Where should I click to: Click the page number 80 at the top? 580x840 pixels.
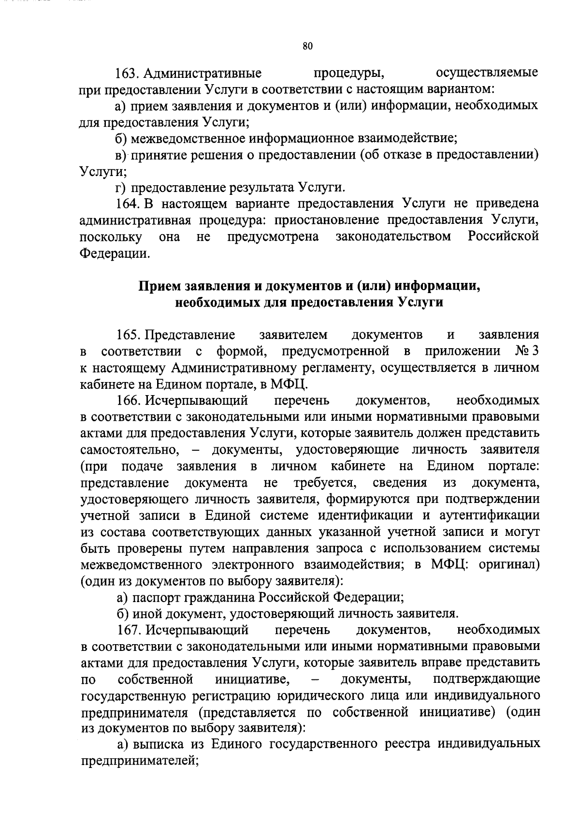[x=308, y=46]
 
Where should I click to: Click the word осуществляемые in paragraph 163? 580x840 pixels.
[x=487, y=74]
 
